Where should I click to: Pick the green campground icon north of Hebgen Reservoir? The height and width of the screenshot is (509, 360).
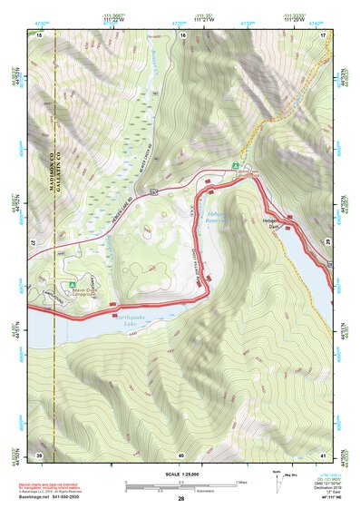[x=235, y=166]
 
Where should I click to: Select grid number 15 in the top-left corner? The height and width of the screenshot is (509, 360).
[x=39, y=34]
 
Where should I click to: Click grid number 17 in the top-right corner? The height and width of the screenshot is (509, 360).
[x=322, y=34]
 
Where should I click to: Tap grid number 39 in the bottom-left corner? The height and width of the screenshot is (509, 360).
[x=39, y=454]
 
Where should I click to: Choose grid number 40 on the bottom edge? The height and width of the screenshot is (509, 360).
[x=181, y=454]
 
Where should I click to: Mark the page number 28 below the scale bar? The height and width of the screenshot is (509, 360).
[x=181, y=499]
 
